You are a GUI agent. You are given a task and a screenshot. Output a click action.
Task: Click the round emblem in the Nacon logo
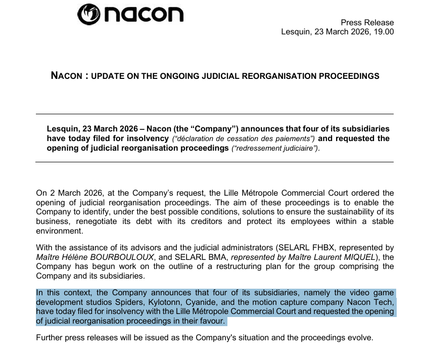[89, 14]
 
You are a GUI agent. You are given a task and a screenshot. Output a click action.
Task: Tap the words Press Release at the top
[367, 22]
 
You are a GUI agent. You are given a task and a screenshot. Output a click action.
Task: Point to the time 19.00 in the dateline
[384, 31]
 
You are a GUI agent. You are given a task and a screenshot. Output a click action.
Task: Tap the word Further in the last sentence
[51, 337]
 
